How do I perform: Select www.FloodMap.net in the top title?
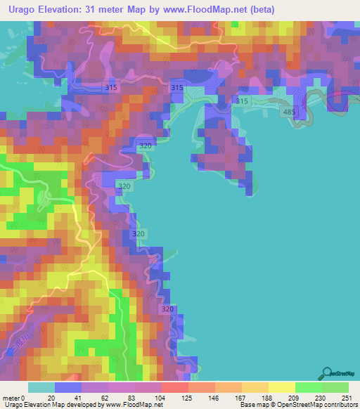coord(211,9)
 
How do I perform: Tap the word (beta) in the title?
coord(259,9)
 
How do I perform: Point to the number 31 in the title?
coord(89,9)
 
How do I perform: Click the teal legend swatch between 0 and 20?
coord(41,387)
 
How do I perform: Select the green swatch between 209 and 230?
coord(308,387)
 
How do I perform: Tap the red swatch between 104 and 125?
coord(174,387)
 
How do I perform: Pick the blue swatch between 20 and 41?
coord(68,387)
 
